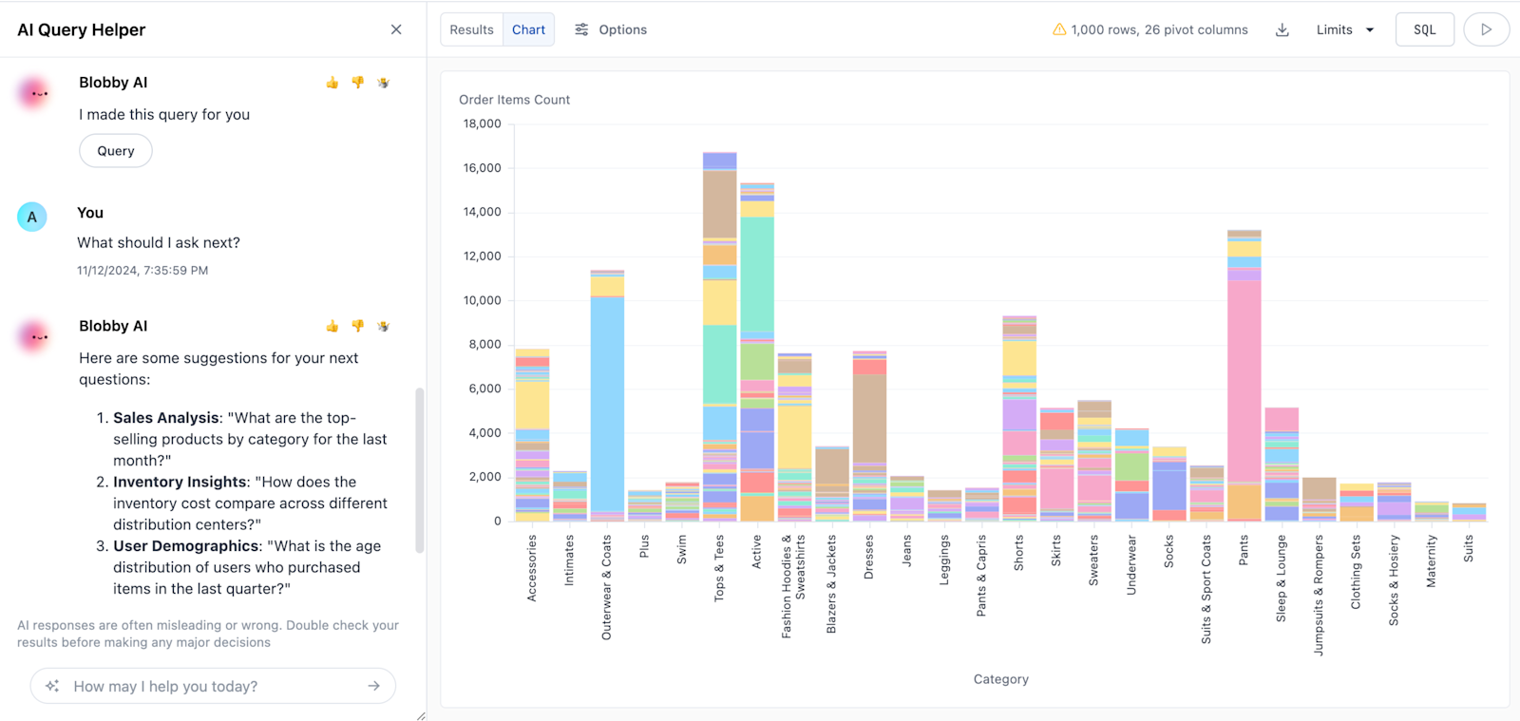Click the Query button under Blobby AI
click(x=116, y=151)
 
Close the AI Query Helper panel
click(x=396, y=29)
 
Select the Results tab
click(x=471, y=29)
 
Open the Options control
click(x=611, y=29)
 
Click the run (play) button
click(x=1486, y=29)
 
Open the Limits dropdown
click(x=1344, y=29)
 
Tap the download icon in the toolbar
click(x=1282, y=29)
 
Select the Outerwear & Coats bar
click(x=607, y=399)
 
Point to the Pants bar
click(x=1244, y=380)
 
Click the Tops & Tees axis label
click(x=719, y=567)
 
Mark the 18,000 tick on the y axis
click(x=482, y=123)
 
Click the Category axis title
click(x=1000, y=679)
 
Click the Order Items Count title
click(x=514, y=100)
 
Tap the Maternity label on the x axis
click(x=1431, y=560)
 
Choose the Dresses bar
click(x=869, y=437)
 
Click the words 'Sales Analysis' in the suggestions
click(x=166, y=418)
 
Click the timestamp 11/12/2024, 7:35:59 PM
click(x=142, y=271)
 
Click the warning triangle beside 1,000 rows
click(x=1058, y=29)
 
